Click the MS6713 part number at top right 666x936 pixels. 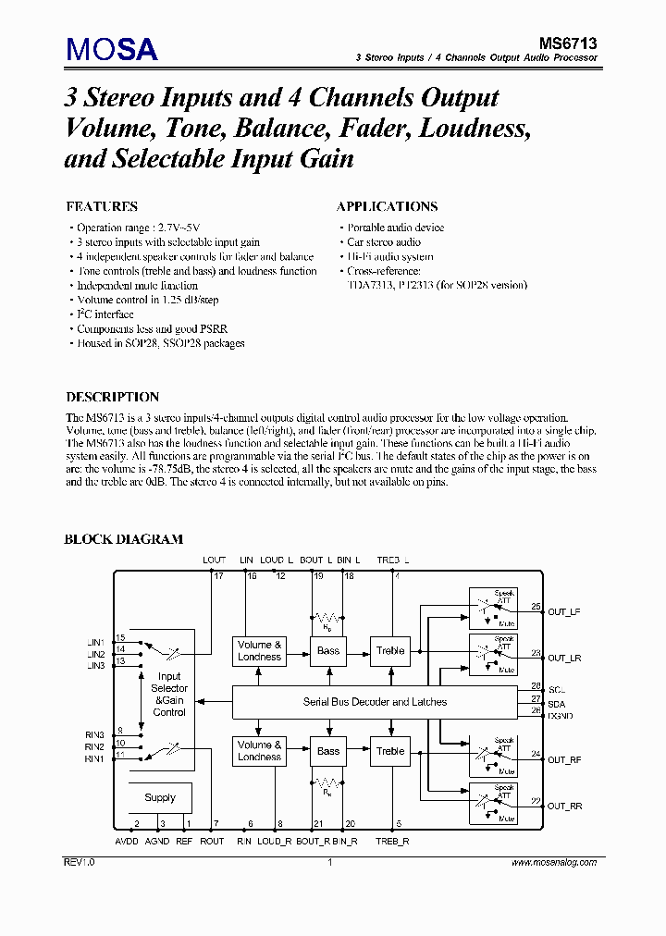568,42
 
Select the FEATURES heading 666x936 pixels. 102,206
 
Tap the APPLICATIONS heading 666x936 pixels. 387,206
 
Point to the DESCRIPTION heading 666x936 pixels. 112,397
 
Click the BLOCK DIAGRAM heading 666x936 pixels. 123,539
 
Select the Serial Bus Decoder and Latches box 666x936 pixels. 375,702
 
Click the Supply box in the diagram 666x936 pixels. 160,797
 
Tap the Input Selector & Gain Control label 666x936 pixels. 169,695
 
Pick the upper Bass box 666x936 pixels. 328,650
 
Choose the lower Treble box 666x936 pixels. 390,751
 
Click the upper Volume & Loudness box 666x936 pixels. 259,650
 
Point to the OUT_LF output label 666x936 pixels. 563,611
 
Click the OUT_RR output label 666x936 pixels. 564,806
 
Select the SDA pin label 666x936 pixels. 556,703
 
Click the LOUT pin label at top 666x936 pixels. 214,560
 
